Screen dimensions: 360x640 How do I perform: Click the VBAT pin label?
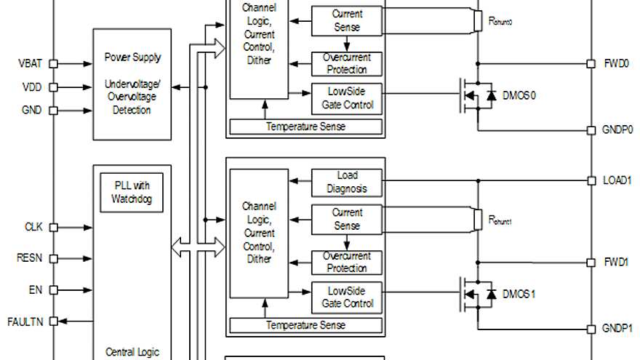pos(30,63)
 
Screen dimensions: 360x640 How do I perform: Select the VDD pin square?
pos(52,87)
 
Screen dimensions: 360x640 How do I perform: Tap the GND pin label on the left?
pos(31,111)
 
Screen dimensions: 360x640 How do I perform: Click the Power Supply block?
pos(132,84)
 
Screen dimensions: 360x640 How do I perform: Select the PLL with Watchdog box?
pos(132,192)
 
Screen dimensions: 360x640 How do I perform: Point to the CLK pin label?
pos(34,227)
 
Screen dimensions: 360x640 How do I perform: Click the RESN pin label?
pos(31,258)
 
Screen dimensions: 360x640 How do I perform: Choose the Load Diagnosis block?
pos(347,183)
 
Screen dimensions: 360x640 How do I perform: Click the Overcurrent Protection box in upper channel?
pos(347,64)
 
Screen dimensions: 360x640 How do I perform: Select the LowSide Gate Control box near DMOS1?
pos(347,297)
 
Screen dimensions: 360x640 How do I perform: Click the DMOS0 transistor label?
pos(519,96)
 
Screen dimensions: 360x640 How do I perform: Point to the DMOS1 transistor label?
pos(519,295)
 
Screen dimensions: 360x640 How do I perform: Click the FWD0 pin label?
pos(615,63)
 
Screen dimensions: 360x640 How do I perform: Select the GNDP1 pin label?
pos(617,328)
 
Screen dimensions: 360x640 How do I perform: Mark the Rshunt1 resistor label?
pos(500,221)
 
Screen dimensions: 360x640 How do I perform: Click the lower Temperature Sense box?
pos(305,324)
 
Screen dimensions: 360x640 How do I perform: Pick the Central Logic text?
pos(132,353)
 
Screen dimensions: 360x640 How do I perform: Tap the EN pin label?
pos(36,289)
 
